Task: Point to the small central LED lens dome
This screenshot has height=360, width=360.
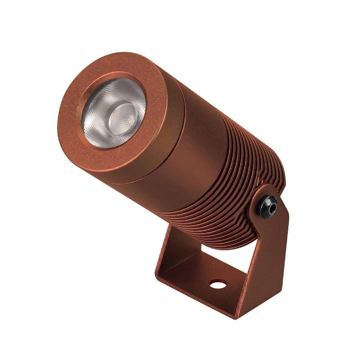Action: click(122, 115)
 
